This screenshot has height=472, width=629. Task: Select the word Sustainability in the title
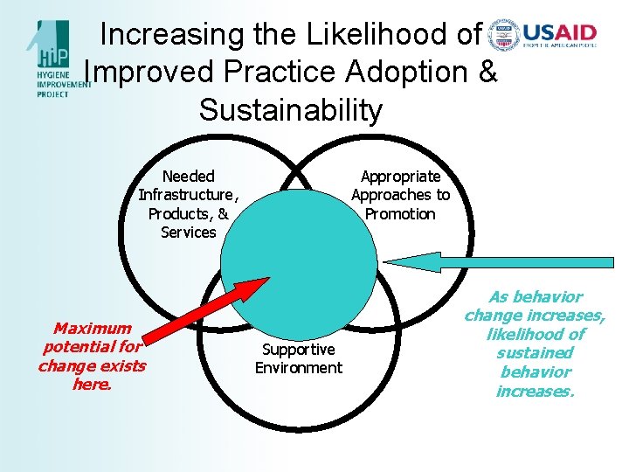[x=291, y=110]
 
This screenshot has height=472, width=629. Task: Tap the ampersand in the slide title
[x=487, y=73]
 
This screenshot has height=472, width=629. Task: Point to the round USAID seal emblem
[x=503, y=35]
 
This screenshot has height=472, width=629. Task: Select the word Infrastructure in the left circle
[x=186, y=195]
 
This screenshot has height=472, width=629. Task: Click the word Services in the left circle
[x=188, y=233]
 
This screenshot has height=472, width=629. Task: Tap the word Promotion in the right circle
[x=400, y=214]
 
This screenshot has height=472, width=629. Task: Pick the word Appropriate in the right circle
[x=400, y=177]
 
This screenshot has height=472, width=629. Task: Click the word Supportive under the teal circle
[x=299, y=350]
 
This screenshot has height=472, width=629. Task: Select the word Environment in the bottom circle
[x=299, y=368]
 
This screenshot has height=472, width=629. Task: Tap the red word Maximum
[x=92, y=329]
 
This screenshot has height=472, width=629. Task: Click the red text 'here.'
[x=92, y=385]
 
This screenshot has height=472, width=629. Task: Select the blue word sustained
[x=535, y=353]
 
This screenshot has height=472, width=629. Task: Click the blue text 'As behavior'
[x=535, y=297]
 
